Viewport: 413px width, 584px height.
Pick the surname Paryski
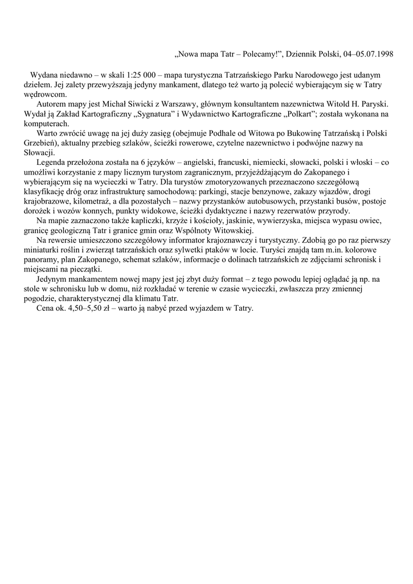pos(372,104)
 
